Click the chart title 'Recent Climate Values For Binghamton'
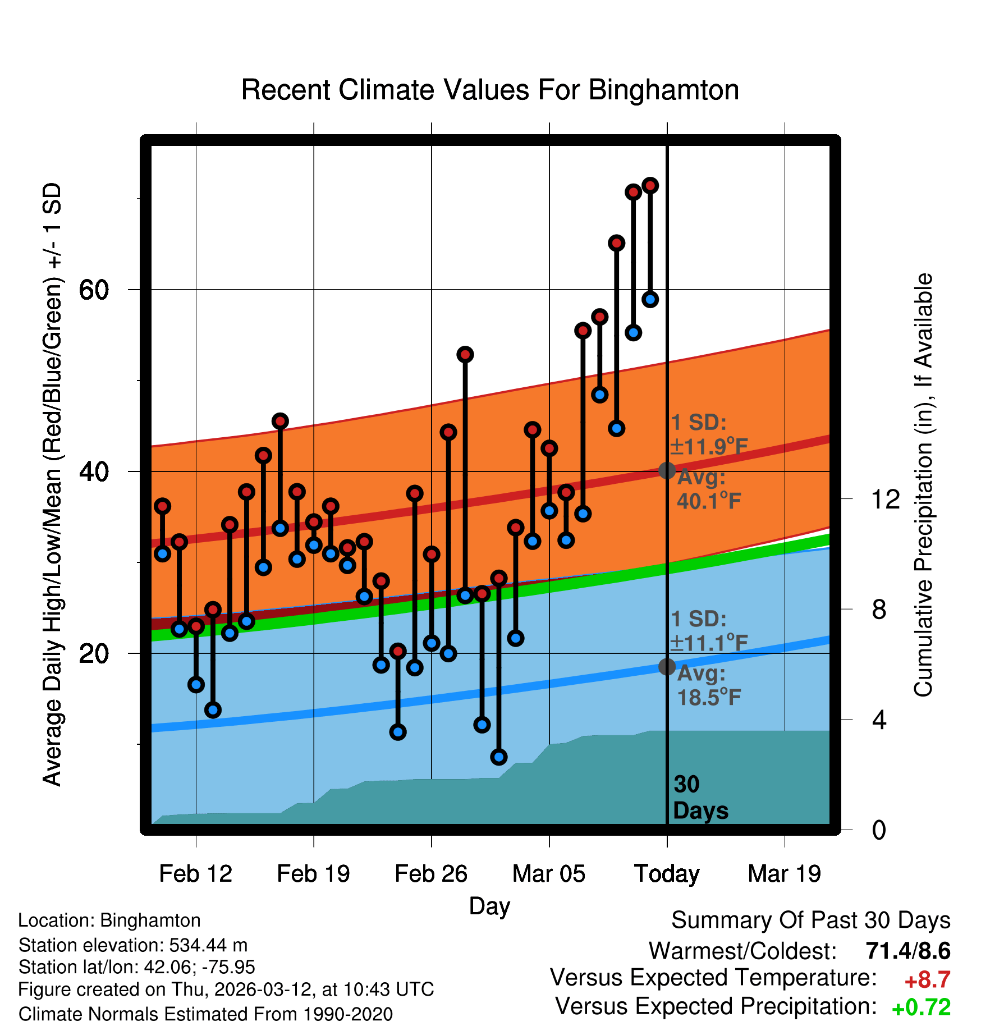pos(490,90)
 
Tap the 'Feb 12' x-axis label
pos(195,874)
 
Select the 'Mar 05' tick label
pos(549,874)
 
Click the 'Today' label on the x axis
pos(667,874)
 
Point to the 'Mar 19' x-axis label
pos(785,874)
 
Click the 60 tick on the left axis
pos(94,290)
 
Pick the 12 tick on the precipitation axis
pos(885,499)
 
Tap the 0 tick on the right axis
pos(879,830)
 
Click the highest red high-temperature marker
pos(650,185)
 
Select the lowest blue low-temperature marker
pos(498,757)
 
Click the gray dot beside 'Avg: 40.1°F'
pos(667,470)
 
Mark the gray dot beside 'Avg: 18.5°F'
pos(667,667)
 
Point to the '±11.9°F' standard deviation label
pos(709,447)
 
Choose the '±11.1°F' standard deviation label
pos(709,643)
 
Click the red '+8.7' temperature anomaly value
pos(927,980)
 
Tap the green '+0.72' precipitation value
pos(921,1007)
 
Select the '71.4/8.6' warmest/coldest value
pos(907,951)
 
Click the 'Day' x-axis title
pos(489,906)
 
